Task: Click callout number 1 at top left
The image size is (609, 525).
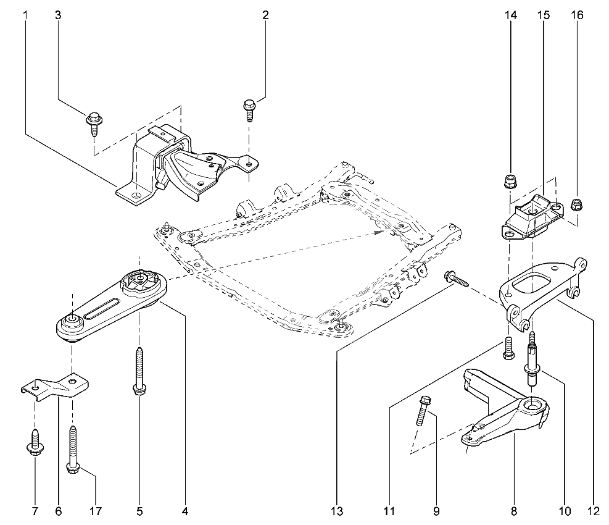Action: [25, 15]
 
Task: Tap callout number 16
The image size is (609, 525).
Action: [577, 15]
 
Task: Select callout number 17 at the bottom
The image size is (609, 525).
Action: [96, 511]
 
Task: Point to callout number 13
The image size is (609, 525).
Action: [337, 511]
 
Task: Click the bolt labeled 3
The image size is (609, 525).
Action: [93, 124]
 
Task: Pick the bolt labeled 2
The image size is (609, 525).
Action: [249, 110]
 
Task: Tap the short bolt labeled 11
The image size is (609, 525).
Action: [508, 348]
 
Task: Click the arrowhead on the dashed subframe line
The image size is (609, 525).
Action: [379, 233]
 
